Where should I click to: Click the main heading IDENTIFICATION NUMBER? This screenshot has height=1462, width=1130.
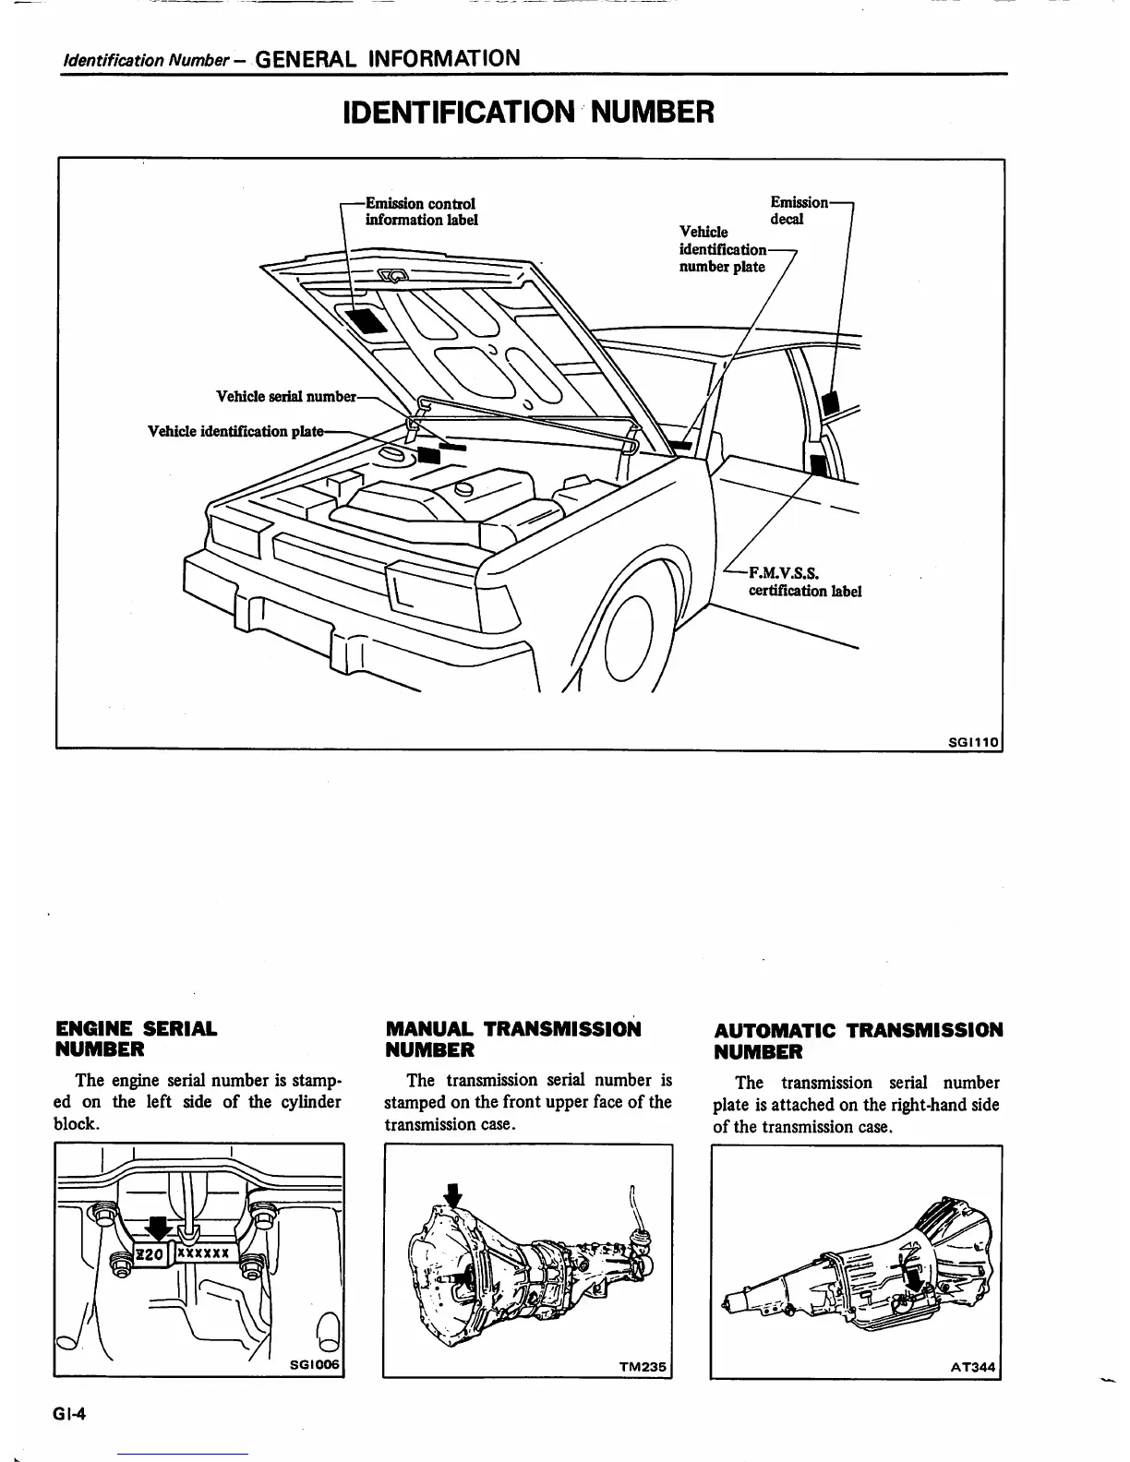(x=528, y=113)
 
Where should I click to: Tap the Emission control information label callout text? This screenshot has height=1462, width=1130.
(x=421, y=211)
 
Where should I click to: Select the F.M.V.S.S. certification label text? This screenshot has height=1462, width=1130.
(x=804, y=582)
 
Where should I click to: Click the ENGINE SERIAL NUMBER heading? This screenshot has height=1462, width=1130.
(x=137, y=1038)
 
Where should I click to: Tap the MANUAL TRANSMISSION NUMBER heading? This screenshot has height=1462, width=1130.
(x=512, y=1039)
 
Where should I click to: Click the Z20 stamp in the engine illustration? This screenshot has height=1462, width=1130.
(x=150, y=1253)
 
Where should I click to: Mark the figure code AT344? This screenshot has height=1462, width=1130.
(x=975, y=1368)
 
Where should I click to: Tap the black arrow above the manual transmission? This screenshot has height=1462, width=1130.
(x=452, y=1195)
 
